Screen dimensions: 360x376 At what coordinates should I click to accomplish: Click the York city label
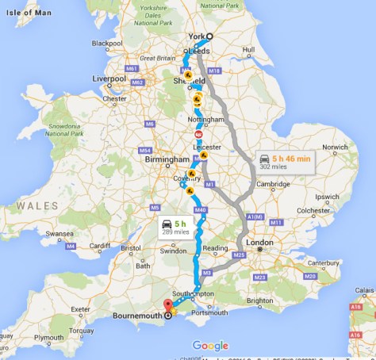[x=196, y=36]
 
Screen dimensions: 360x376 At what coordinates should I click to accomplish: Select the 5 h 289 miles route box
[x=176, y=225]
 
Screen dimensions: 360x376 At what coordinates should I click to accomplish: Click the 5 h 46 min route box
[x=283, y=162]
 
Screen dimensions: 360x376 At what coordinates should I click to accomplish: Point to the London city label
[x=259, y=243]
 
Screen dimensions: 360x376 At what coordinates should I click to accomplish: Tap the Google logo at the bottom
[x=210, y=346]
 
